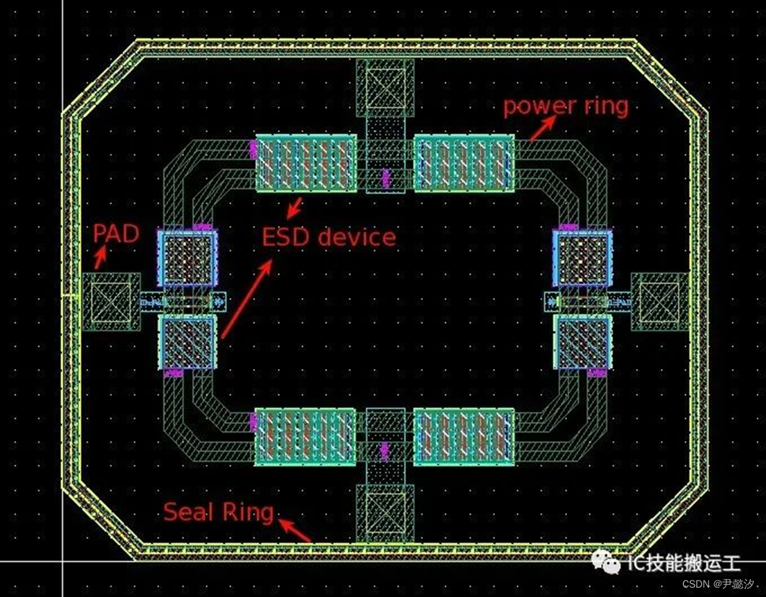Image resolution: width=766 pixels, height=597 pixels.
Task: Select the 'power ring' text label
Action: point(565,107)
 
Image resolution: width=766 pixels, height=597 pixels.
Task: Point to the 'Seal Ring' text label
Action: point(218,512)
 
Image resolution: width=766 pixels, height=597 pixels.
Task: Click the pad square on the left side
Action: point(110,301)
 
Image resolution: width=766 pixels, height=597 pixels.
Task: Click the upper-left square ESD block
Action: point(187,260)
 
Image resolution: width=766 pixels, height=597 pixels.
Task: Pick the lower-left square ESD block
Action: point(187,342)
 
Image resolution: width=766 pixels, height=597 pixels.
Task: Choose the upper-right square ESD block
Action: point(582,260)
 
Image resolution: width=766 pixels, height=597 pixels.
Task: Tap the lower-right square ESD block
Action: point(582,342)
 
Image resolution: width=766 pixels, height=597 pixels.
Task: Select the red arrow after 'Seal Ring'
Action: point(295,530)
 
